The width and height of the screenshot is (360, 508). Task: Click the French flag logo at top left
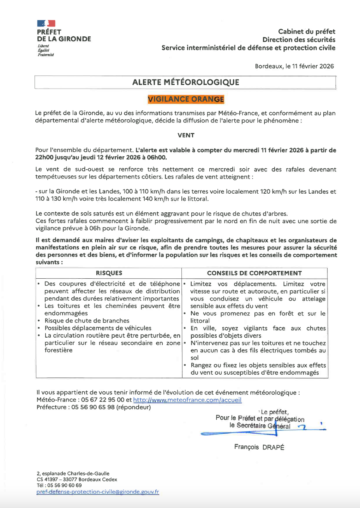46,24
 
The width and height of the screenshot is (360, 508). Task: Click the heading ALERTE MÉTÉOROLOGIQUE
186,82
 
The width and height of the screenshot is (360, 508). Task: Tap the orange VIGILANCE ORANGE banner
186,99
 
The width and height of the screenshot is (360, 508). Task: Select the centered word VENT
186,135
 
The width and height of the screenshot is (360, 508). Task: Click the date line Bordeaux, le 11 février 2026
294,66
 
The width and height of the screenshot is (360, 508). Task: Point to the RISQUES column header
109,273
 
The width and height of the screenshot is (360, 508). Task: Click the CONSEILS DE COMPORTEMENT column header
254,273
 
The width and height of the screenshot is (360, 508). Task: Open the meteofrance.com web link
187,400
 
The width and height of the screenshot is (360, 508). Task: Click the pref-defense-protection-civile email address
98,492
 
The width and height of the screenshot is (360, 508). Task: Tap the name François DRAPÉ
259,447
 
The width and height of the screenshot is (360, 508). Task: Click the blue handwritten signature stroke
240,433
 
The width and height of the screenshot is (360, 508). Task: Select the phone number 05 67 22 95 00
103,400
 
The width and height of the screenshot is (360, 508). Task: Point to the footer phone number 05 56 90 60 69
65,485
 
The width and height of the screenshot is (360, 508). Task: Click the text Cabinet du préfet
306,32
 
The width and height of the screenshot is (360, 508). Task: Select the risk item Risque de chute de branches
87,321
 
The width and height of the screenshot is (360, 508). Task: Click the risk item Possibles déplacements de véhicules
98,328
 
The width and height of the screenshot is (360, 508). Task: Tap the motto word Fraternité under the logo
46,55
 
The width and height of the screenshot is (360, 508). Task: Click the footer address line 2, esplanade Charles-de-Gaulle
73,474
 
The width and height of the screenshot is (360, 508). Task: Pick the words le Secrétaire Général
260,426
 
